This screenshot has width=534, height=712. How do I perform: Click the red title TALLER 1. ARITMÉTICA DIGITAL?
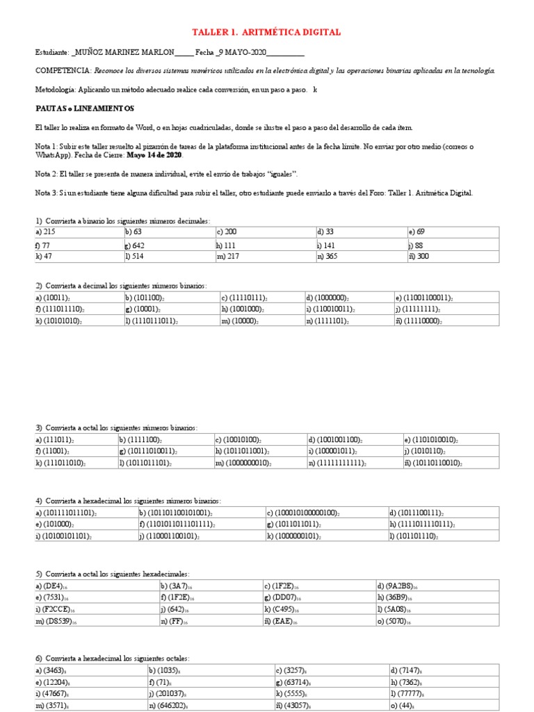pyautogui.click(x=266, y=33)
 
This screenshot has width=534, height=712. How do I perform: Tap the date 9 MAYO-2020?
pyautogui.click(x=243, y=52)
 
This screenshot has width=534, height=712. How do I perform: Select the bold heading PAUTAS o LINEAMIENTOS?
pyautogui.click(x=85, y=109)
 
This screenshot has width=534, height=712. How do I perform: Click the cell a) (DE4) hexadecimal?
pyautogui.click(x=53, y=587)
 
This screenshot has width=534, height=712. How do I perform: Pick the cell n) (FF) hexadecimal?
pyautogui.click(x=174, y=620)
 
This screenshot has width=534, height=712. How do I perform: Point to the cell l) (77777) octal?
pyautogui.click(x=410, y=694)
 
